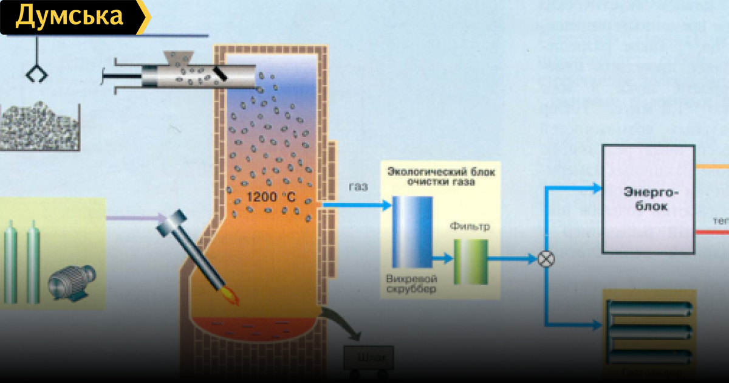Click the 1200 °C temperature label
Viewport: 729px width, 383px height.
[271, 196]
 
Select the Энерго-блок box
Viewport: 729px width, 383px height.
[648, 199]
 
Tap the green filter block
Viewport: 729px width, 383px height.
[471, 261]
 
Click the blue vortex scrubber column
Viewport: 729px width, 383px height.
[412, 232]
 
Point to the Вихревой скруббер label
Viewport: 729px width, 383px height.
[411, 285]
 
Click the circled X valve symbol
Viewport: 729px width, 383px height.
[546, 259]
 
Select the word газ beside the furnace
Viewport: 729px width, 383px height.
[358, 187]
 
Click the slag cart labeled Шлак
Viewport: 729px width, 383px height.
[368, 357]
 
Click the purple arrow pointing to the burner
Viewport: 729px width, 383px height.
[136, 217]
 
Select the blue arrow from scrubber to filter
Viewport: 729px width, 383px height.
[443, 258]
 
